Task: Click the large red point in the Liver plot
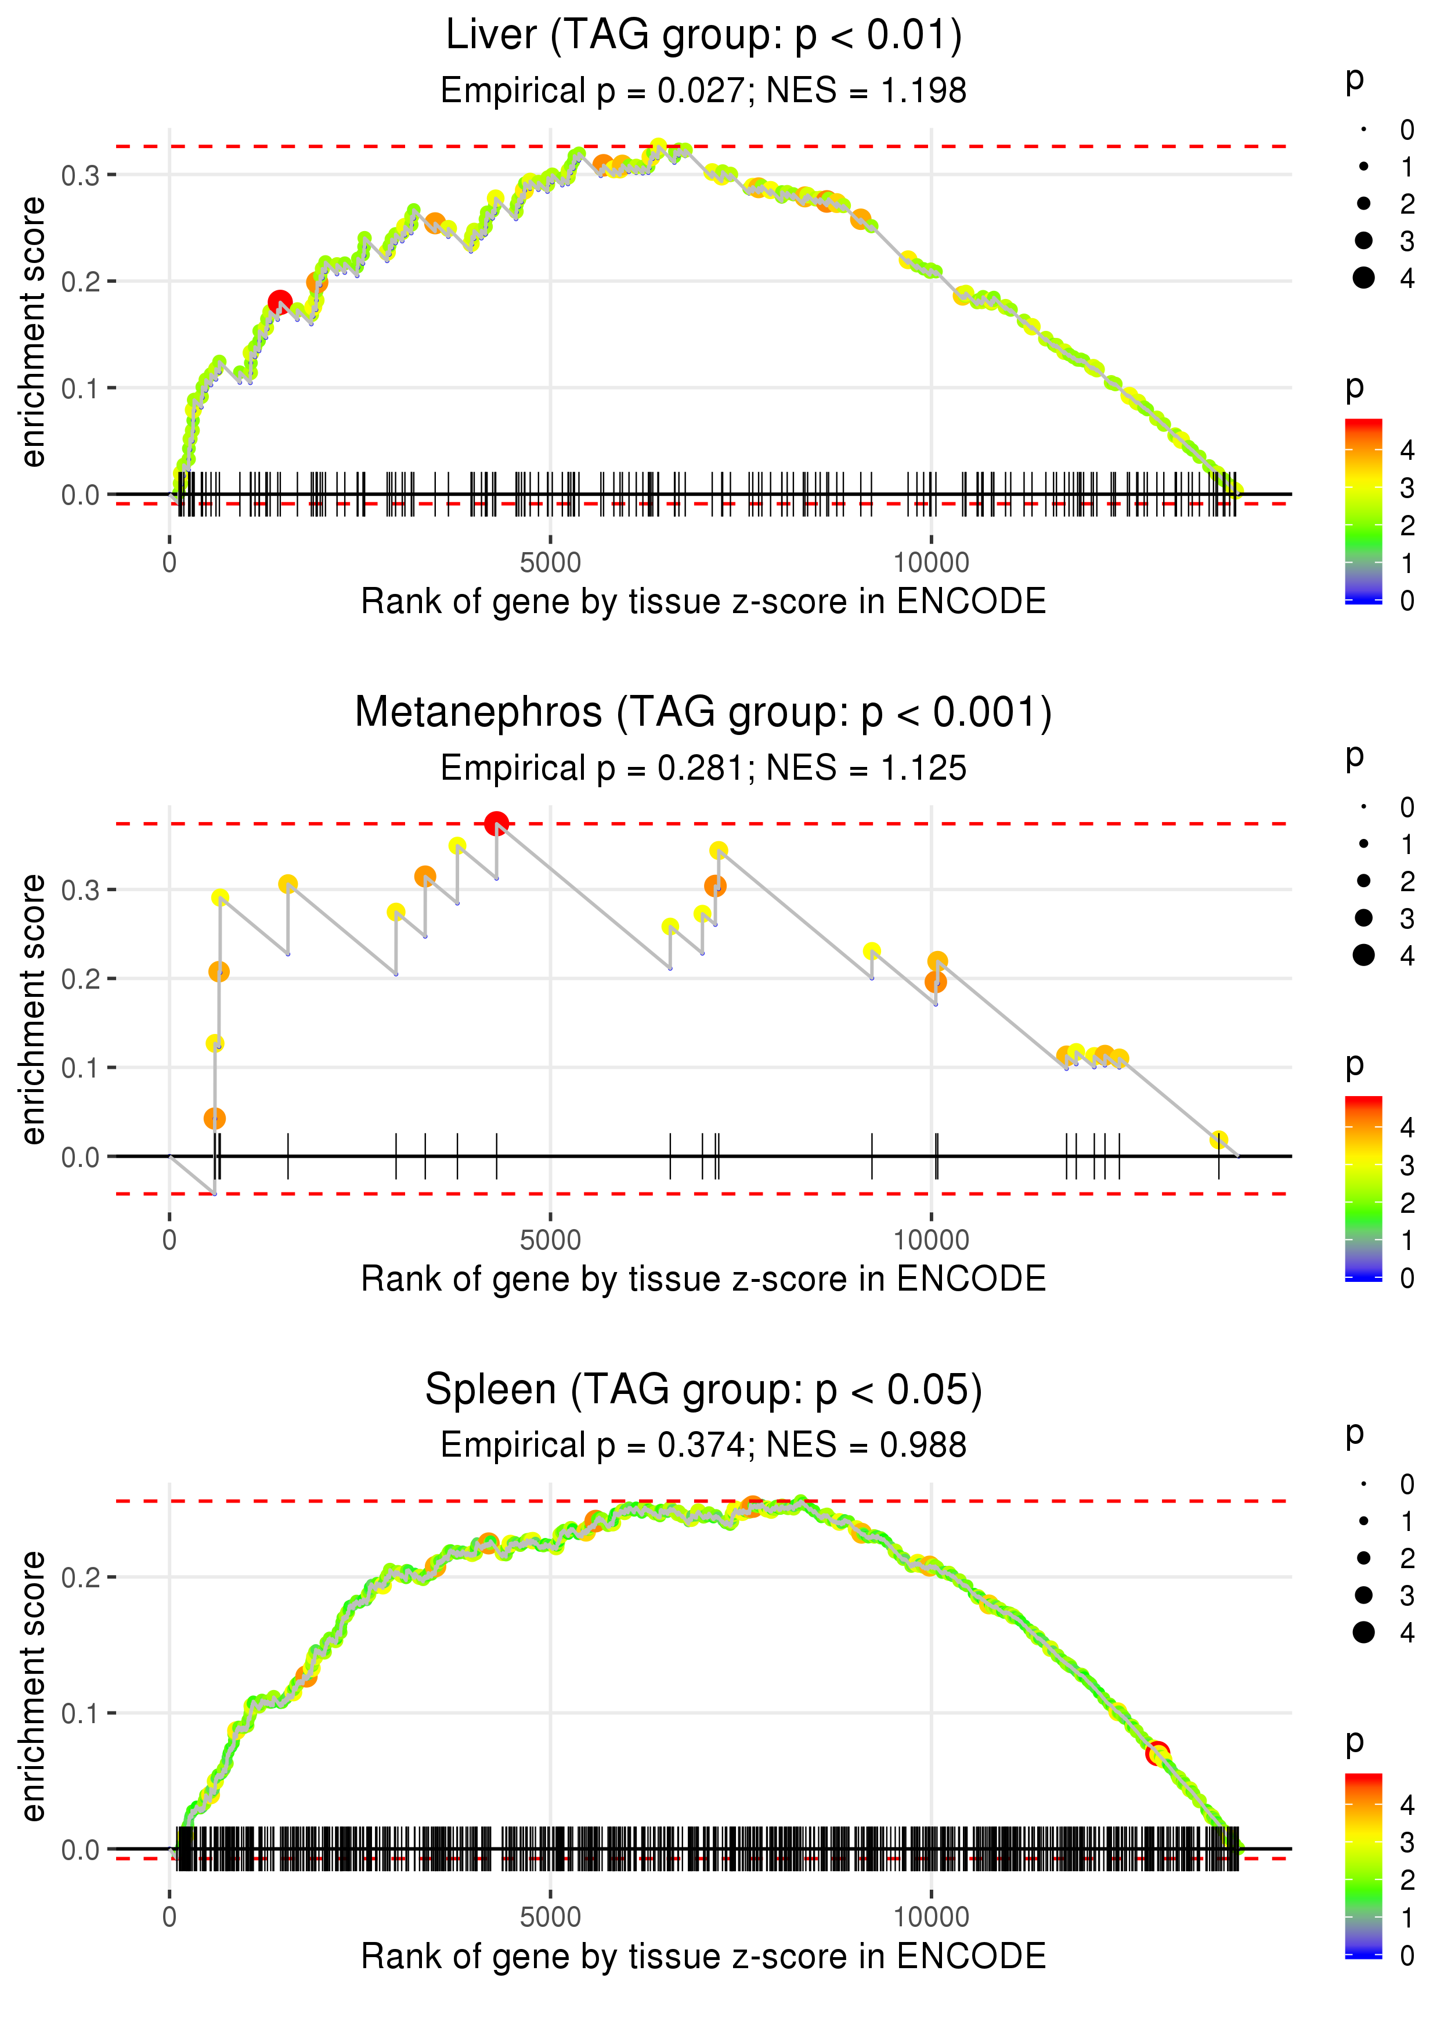tap(280, 302)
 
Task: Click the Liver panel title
tap(703, 36)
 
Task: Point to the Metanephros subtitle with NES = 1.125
tap(703, 768)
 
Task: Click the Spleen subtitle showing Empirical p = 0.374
tap(703, 1445)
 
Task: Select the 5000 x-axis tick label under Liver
tap(550, 563)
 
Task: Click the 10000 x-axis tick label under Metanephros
tap(931, 1240)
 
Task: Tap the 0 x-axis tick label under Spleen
tap(169, 1918)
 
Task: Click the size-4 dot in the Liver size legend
tap(1363, 278)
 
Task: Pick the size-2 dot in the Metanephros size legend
tap(1363, 881)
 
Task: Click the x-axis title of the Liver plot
tap(703, 601)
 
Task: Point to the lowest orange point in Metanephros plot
tap(214, 1119)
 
